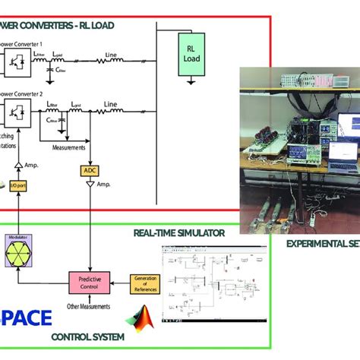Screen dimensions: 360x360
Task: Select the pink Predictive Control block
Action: click(90, 283)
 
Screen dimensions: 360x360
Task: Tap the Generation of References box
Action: click(145, 283)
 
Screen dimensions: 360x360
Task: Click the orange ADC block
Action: click(90, 172)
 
